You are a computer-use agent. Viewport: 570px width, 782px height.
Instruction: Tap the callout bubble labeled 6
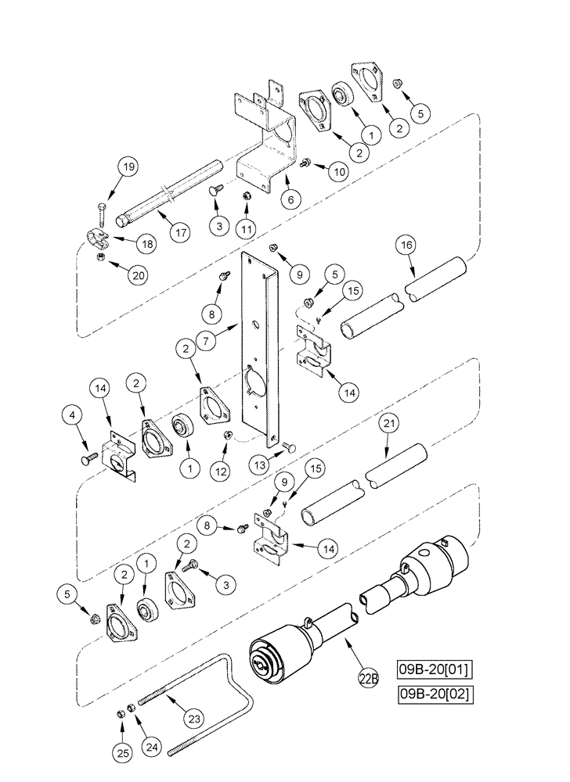coord(290,199)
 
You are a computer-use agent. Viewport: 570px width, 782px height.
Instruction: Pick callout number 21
coord(388,424)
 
